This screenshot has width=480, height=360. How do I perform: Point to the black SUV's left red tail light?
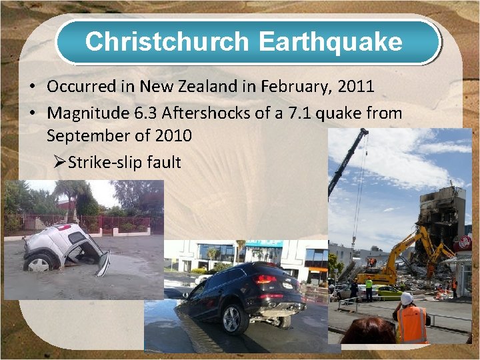point(266,279)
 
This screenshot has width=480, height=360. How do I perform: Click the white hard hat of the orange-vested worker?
point(407,299)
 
